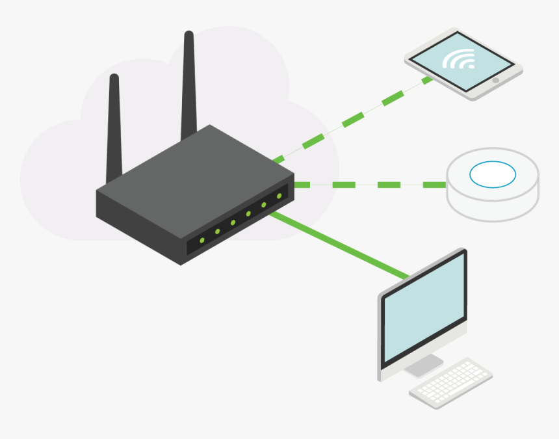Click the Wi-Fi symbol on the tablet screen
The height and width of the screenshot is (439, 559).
459,60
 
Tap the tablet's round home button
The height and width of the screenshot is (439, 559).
495,81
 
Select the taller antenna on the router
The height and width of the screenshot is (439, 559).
189,85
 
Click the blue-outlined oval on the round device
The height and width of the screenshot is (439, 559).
493,174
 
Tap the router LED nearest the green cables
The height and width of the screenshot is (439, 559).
279,196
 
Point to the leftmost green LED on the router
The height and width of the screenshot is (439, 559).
202,241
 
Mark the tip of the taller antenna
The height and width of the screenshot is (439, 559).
188,34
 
